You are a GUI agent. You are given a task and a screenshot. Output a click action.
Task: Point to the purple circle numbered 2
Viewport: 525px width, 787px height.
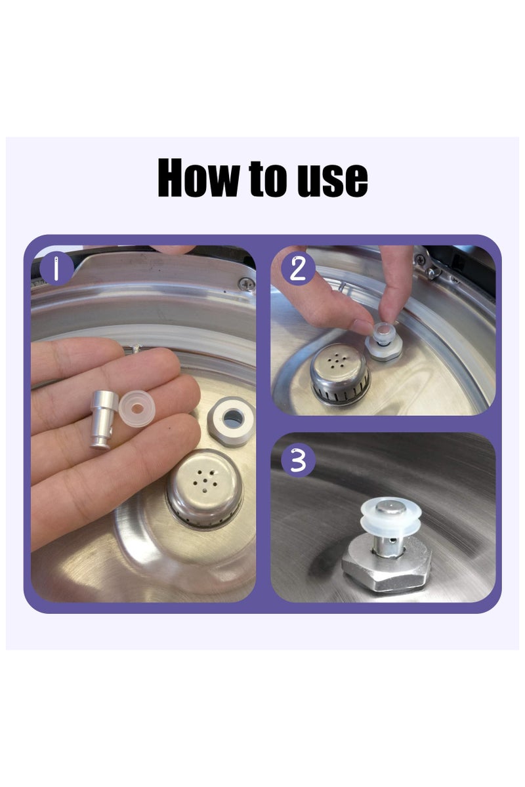tap(297, 269)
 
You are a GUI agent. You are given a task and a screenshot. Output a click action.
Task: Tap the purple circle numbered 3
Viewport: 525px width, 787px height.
tap(298, 460)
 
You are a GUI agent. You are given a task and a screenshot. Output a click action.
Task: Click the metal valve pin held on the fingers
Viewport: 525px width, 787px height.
tap(104, 420)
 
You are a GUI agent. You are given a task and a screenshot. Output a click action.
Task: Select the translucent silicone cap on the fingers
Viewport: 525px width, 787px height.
tap(136, 409)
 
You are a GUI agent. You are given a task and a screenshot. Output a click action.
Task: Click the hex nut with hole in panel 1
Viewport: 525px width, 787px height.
tap(231, 421)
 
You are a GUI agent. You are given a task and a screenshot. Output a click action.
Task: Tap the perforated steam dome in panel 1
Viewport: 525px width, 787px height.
tap(205, 490)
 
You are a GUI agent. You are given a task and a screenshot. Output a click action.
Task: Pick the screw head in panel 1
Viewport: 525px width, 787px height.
tap(247, 283)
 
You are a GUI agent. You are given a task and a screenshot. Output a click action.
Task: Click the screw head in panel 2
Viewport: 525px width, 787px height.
tap(420, 260)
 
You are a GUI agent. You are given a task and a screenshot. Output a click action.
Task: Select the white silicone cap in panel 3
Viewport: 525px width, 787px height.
tap(389, 515)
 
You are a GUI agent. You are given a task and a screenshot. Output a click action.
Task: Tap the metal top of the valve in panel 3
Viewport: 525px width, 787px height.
tap(389, 507)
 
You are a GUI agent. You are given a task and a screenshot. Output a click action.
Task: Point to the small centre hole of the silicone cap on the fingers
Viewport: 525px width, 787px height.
tap(138, 409)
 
